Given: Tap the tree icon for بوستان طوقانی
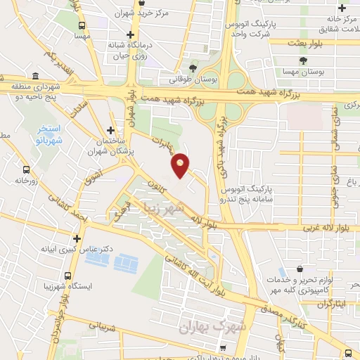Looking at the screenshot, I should click(x=193, y=67).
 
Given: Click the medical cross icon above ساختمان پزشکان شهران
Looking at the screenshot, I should click(x=110, y=130).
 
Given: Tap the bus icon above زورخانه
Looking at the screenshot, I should click(x=26, y=170).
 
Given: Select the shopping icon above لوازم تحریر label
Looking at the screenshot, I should click(x=300, y=269).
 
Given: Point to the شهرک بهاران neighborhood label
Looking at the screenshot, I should click(x=210, y=326).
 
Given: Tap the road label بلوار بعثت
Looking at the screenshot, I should click(x=307, y=43).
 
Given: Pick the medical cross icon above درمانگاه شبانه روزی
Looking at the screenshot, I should click(x=130, y=34).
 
